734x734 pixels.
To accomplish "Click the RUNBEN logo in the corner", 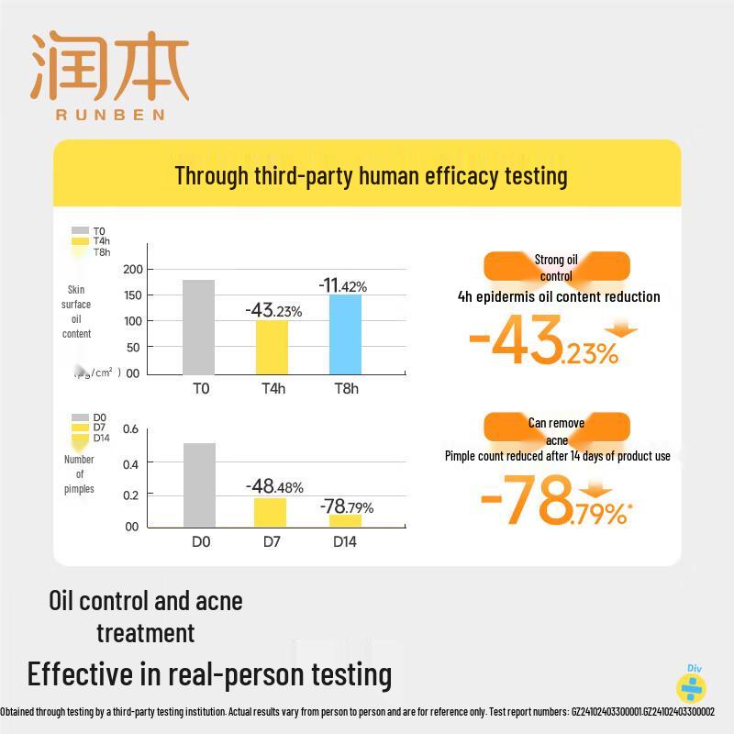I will (x=110, y=77).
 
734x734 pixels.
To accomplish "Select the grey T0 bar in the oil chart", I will (x=198, y=326).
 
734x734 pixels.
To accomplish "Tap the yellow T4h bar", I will (x=272, y=346).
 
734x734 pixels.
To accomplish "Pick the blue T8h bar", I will (x=345, y=333).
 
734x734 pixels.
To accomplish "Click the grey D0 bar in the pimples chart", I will (x=199, y=484).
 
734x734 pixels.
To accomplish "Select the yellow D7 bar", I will (x=270, y=512).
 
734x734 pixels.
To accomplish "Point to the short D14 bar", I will (x=345, y=520).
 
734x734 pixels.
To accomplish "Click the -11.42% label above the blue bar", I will (x=342, y=286).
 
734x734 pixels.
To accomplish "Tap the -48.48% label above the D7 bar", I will (x=273, y=486).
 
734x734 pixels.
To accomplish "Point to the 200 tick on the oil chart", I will (x=134, y=269).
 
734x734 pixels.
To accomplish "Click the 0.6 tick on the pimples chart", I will (x=130, y=429).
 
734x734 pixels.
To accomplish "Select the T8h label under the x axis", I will (x=345, y=388).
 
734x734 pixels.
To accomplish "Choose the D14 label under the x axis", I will (x=345, y=541).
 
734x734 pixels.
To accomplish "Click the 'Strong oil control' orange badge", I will (x=556, y=267).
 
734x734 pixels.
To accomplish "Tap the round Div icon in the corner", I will (x=691, y=684).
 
